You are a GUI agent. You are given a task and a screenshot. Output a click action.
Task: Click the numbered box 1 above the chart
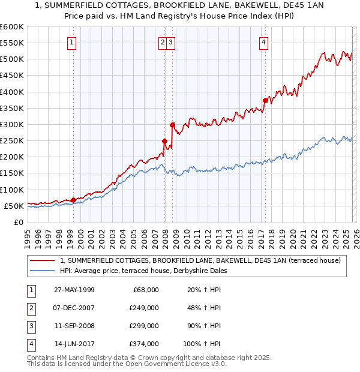coord(71,42)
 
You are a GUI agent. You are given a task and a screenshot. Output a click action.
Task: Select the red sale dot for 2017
coord(265,100)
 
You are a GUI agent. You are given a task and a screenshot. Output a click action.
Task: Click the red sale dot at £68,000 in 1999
coord(74,200)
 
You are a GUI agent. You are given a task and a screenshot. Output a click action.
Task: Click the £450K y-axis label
coord(12,76)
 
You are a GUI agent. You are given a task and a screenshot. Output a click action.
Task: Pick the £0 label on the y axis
coord(18,222)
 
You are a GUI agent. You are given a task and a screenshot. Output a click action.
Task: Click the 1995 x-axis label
coord(28,234)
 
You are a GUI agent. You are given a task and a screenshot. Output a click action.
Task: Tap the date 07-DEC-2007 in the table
coord(74,308)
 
